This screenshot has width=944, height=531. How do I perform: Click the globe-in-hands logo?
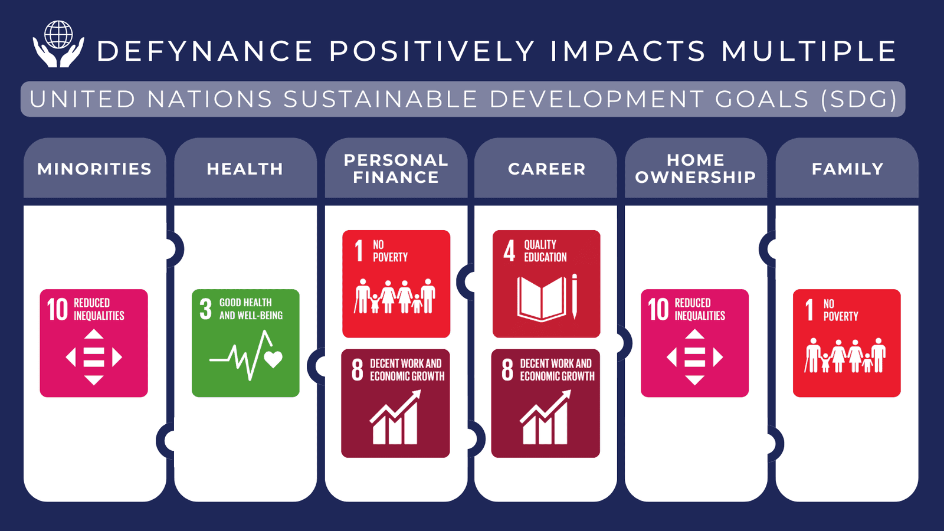[x=58, y=44]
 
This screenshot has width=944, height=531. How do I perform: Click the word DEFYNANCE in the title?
[x=205, y=51]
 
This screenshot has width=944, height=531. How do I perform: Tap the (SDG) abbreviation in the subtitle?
[x=859, y=99]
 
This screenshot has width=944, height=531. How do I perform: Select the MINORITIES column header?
[x=94, y=169]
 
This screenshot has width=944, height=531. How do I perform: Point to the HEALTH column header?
[x=245, y=169]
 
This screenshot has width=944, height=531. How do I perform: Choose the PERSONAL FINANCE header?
[x=396, y=169]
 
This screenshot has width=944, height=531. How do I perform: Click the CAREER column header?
[x=546, y=169]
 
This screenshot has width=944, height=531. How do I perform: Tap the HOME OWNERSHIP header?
[x=696, y=169]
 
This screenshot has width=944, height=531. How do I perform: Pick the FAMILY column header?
[x=847, y=169]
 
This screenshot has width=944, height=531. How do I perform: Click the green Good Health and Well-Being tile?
[x=245, y=343]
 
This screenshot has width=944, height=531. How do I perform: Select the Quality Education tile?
[x=546, y=284]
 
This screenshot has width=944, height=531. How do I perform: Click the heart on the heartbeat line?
[x=273, y=359]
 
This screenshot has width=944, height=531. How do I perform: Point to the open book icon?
[x=542, y=299]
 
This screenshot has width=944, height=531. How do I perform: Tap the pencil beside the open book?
[x=575, y=296]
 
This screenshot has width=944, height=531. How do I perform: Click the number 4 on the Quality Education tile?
[x=509, y=251]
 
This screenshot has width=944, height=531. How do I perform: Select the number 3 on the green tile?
[x=205, y=309]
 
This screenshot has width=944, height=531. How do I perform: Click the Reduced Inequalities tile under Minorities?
[x=94, y=343]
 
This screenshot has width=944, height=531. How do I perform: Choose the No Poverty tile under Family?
[x=847, y=343]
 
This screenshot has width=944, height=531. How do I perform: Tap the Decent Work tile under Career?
[x=545, y=404]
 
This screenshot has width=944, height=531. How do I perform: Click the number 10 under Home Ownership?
[x=658, y=309]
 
